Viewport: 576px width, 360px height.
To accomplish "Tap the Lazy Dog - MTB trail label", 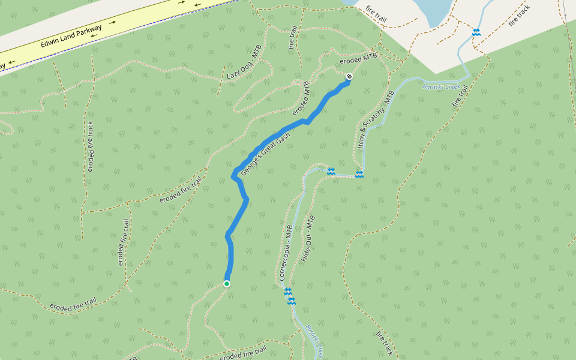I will [x=242, y=65].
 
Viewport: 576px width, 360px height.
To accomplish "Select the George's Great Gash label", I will [x=265, y=155].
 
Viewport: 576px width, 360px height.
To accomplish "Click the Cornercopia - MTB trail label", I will [x=285, y=253].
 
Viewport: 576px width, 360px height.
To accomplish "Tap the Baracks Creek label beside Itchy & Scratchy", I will [x=441, y=88].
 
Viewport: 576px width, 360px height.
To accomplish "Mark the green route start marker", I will [x=227, y=283].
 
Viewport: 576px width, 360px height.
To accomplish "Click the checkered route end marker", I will [x=349, y=76].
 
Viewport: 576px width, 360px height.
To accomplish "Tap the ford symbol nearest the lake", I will [x=476, y=32].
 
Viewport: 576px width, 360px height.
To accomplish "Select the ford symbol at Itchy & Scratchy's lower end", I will [x=359, y=175].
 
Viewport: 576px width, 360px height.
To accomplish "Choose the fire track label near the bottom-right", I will [x=385, y=343].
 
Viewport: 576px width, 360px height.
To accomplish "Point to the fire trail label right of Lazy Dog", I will [x=293, y=37].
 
